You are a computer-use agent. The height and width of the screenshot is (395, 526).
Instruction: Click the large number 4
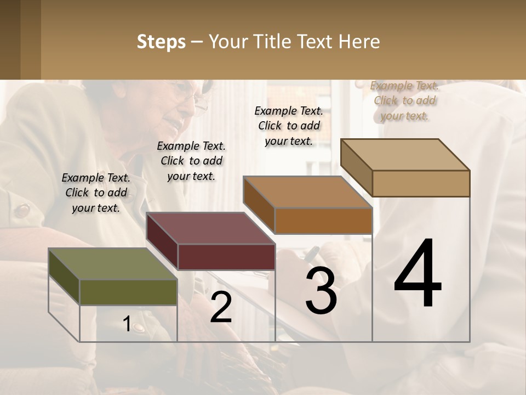click(x=418, y=274)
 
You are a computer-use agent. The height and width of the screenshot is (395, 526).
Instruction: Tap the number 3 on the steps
click(x=321, y=291)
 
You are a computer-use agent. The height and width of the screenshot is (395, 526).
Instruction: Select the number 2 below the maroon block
click(x=221, y=307)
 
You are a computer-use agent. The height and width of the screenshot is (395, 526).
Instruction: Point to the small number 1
click(x=127, y=324)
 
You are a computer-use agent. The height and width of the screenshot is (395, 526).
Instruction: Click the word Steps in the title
click(x=161, y=42)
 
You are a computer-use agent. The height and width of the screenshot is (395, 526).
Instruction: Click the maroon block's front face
click(x=226, y=257)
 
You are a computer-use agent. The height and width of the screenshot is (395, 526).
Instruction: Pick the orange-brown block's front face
click(x=323, y=221)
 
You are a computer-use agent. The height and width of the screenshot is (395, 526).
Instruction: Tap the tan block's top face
click(x=405, y=154)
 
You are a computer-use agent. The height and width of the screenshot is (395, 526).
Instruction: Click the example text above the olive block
click(x=96, y=193)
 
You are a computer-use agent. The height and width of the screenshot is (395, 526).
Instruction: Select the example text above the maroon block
click(x=191, y=161)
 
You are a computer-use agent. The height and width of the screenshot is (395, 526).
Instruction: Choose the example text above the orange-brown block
click(x=289, y=126)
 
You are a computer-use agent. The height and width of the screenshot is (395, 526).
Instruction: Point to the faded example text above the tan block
click(x=404, y=100)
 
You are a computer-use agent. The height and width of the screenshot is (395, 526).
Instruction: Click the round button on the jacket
click(x=22, y=210)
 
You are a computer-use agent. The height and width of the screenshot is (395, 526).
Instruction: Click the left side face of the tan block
click(x=356, y=167)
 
